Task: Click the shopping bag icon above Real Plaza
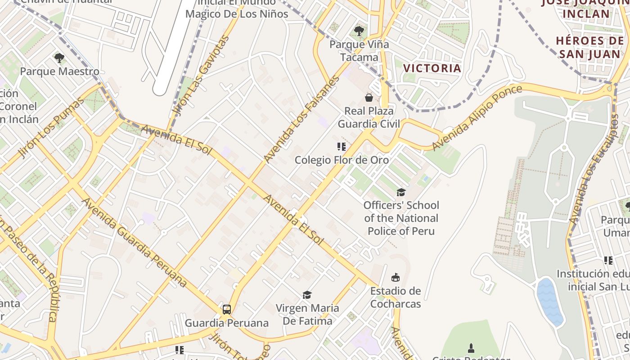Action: (x=369, y=97)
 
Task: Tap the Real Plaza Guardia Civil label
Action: (x=369, y=117)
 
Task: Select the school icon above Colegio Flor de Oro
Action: (x=341, y=147)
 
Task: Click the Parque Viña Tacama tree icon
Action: (x=359, y=31)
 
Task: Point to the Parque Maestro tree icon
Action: (x=59, y=58)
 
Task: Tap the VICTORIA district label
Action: (x=432, y=68)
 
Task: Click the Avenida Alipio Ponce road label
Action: (x=477, y=118)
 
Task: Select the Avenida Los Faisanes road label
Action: (x=301, y=119)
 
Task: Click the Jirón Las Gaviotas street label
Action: (x=201, y=76)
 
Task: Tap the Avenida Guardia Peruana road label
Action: (x=134, y=242)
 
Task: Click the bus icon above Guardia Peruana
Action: (x=227, y=310)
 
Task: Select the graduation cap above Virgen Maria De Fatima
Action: (x=307, y=295)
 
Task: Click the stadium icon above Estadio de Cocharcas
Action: (x=396, y=277)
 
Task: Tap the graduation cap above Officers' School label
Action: (x=401, y=192)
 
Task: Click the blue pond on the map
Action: (x=550, y=301)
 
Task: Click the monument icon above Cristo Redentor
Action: (x=471, y=348)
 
